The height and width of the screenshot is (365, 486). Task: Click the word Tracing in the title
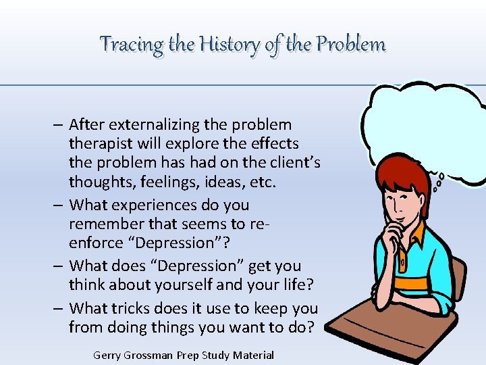click(x=131, y=45)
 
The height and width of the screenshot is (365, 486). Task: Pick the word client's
click(x=291, y=163)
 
